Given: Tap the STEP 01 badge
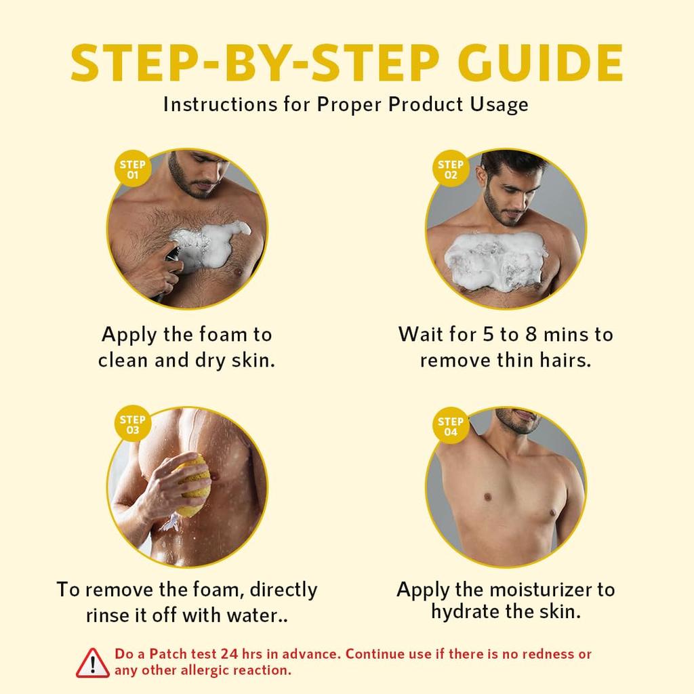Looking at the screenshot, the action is [x=133, y=169].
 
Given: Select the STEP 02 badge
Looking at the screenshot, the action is [x=451, y=169].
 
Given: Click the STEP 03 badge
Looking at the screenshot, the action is [x=133, y=424].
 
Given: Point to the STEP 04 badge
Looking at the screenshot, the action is [x=451, y=426].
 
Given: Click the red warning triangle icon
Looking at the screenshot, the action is [x=92, y=663].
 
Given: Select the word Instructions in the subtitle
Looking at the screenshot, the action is [x=220, y=105].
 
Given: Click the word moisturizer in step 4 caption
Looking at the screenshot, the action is [x=540, y=590].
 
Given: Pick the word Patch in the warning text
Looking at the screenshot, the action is [x=168, y=654].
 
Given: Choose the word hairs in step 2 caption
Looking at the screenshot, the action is [x=565, y=360].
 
